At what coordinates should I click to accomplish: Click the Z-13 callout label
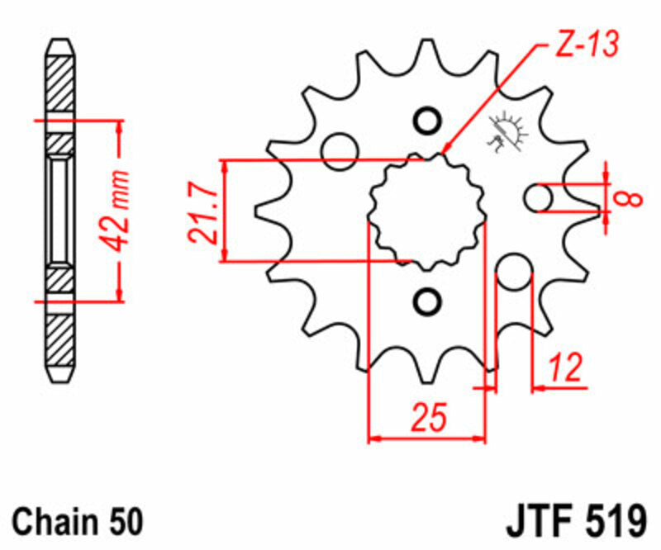[x=583, y=47]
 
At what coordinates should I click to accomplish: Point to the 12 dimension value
[x=564, y=366]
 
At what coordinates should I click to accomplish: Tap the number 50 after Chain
[x=124, y=522]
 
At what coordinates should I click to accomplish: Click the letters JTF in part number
[x=541, y=522]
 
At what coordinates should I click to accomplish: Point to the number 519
[x=616, y=522]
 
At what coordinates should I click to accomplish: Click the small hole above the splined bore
[x=427, y=121]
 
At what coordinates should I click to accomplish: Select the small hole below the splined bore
[x=427, y=301]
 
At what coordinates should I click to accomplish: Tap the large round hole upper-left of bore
[x=340, y=150]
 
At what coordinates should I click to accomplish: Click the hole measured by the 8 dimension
[x=539, y=197]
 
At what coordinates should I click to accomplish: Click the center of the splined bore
[x=427, y=211]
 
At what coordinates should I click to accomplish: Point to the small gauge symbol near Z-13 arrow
[x=506, y=132]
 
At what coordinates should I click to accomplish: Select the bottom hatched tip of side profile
[x=62, y=347]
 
